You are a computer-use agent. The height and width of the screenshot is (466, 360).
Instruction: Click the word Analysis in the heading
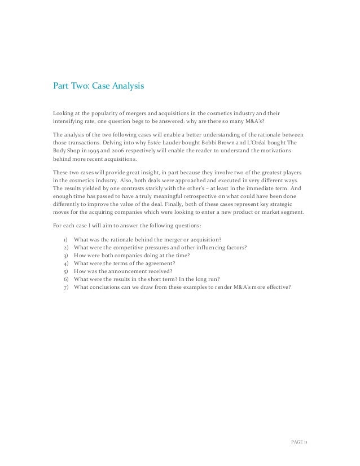point(127,87)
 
